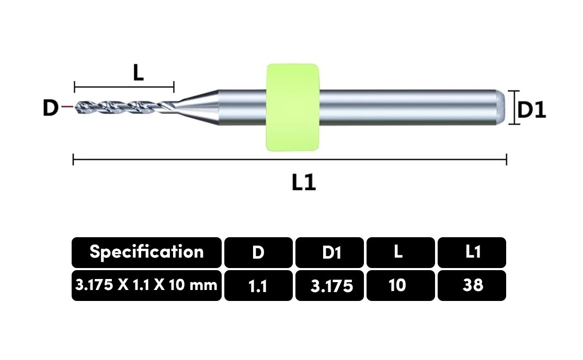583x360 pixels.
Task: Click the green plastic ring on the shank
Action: pos(293,107)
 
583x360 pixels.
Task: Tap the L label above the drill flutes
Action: pos(139,73)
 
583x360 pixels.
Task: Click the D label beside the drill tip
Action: pos(51,108)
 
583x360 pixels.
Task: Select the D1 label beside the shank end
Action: pos(532,110)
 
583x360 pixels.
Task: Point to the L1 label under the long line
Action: pos(304,182)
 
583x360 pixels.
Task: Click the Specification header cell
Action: pos(146,253)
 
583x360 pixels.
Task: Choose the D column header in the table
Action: pos(258,253)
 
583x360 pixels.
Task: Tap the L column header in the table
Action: pos(401,253)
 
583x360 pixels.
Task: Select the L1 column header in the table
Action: pos(472,253)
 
